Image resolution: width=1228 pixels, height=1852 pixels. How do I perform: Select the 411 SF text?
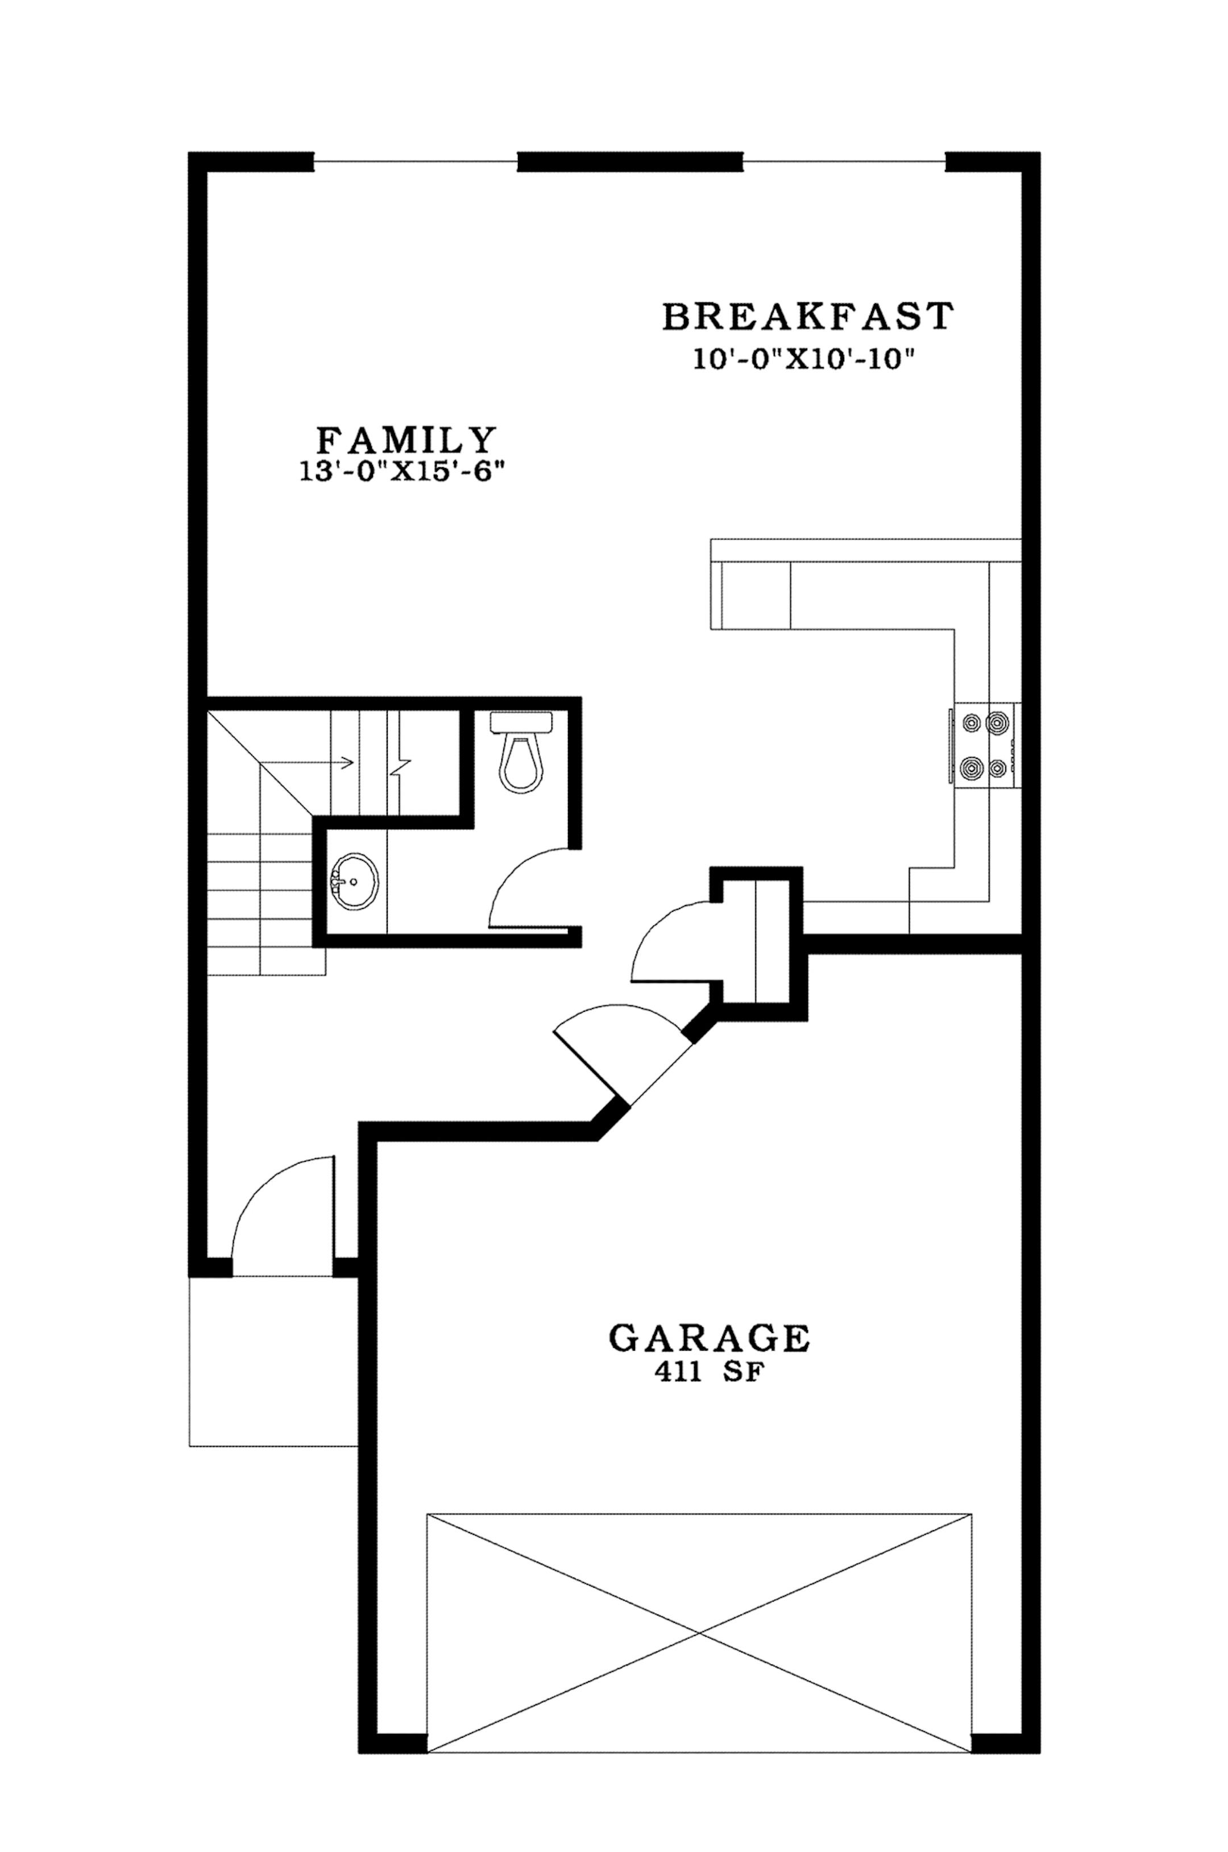707,1376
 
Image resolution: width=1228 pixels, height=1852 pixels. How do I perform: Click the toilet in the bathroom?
521,755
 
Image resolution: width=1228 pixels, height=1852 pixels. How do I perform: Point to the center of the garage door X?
699,1633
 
